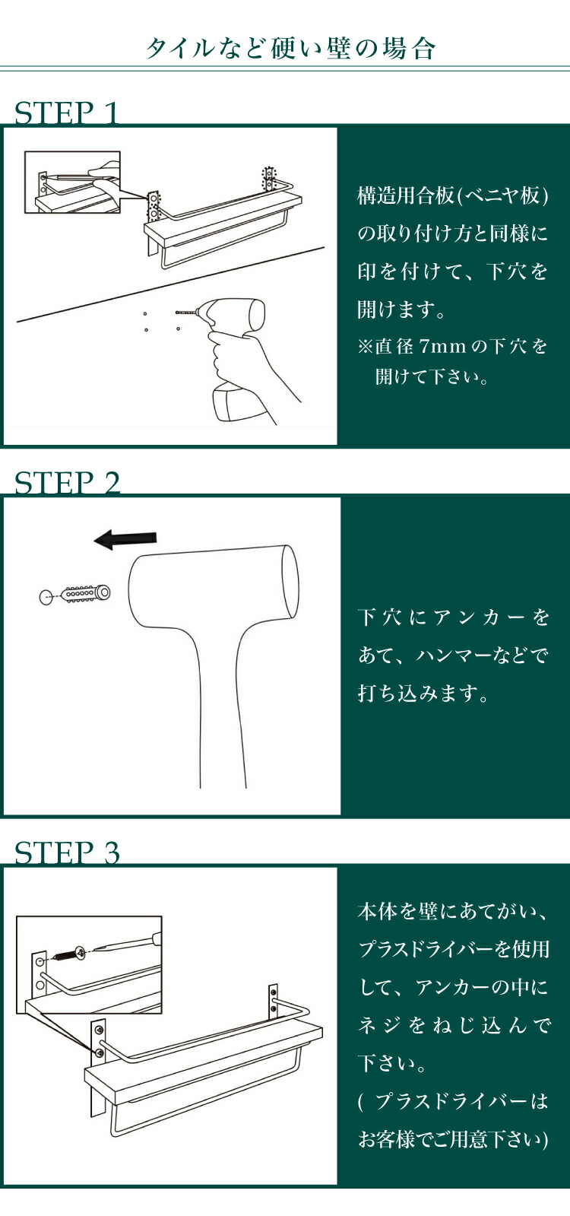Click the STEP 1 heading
tap(66, 113)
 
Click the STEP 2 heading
tap(67, 483)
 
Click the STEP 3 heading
tap(67, 852)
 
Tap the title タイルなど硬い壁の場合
tap(290, 49)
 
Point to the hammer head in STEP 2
tap(214, 586)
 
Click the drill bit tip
tap(177, 313)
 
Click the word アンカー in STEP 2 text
tap(478, 617)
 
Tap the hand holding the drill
tap(247, 364)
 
